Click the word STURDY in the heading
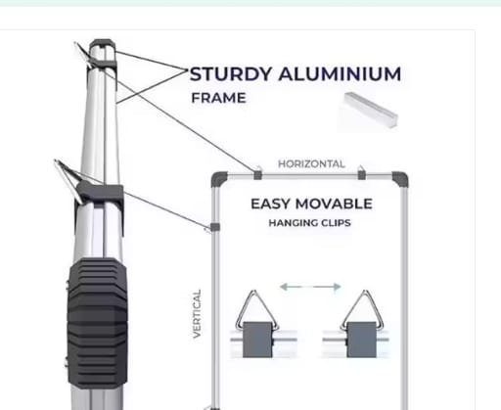point(231,73)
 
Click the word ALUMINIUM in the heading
point(340,73)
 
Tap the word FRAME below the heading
point(218,98)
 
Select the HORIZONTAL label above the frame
point(311,163)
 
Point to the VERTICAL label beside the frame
point(197,313)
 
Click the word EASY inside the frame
point(270,204)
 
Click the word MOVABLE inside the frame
point(334,204)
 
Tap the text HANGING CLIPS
point(309,223)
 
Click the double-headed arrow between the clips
point(310,287)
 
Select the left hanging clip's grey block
point(257,340)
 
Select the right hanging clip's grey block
point(361,340)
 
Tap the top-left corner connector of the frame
point(218,178)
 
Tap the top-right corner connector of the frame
point(400,178)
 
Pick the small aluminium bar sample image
point(371,110)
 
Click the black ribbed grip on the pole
point(97,323)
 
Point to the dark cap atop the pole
point(102,44)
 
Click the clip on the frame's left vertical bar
point(214,227)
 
